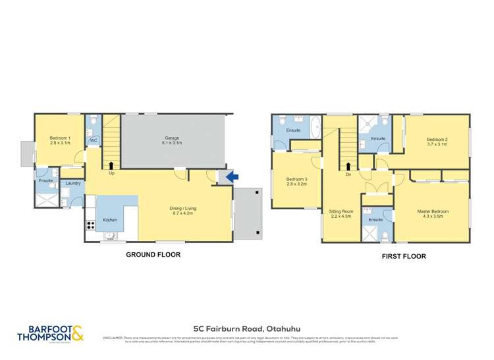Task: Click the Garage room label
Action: coord(172,138)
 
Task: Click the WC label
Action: coord(94,140)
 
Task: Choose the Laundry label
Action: coord(72,183)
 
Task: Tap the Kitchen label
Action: coord(109,220)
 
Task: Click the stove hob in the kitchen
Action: coord(90,225)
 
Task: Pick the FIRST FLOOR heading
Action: coord(402,257)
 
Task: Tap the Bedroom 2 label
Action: coord(437,140)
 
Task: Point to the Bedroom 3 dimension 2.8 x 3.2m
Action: coord(296,185)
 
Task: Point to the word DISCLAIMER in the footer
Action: coord(113,338)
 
